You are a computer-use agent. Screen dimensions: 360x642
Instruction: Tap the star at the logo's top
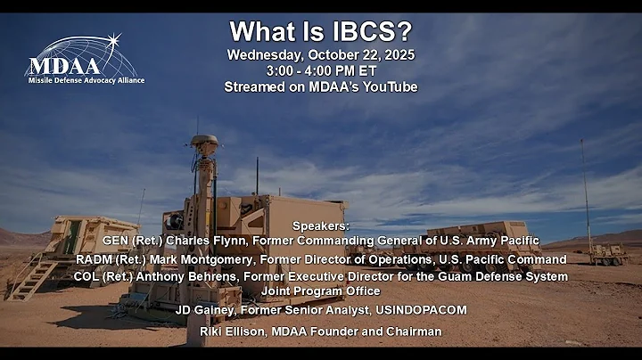pos(113,40)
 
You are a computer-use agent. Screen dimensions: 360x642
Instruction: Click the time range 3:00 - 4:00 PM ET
pos(321,70)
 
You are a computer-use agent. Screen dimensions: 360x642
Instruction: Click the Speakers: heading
pos(321,226)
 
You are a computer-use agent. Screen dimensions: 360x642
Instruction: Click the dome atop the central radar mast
pos(204,141)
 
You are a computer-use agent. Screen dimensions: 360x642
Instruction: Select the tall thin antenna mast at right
pos(586,192)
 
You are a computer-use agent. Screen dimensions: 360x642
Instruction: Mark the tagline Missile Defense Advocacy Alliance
pos(85,80)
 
